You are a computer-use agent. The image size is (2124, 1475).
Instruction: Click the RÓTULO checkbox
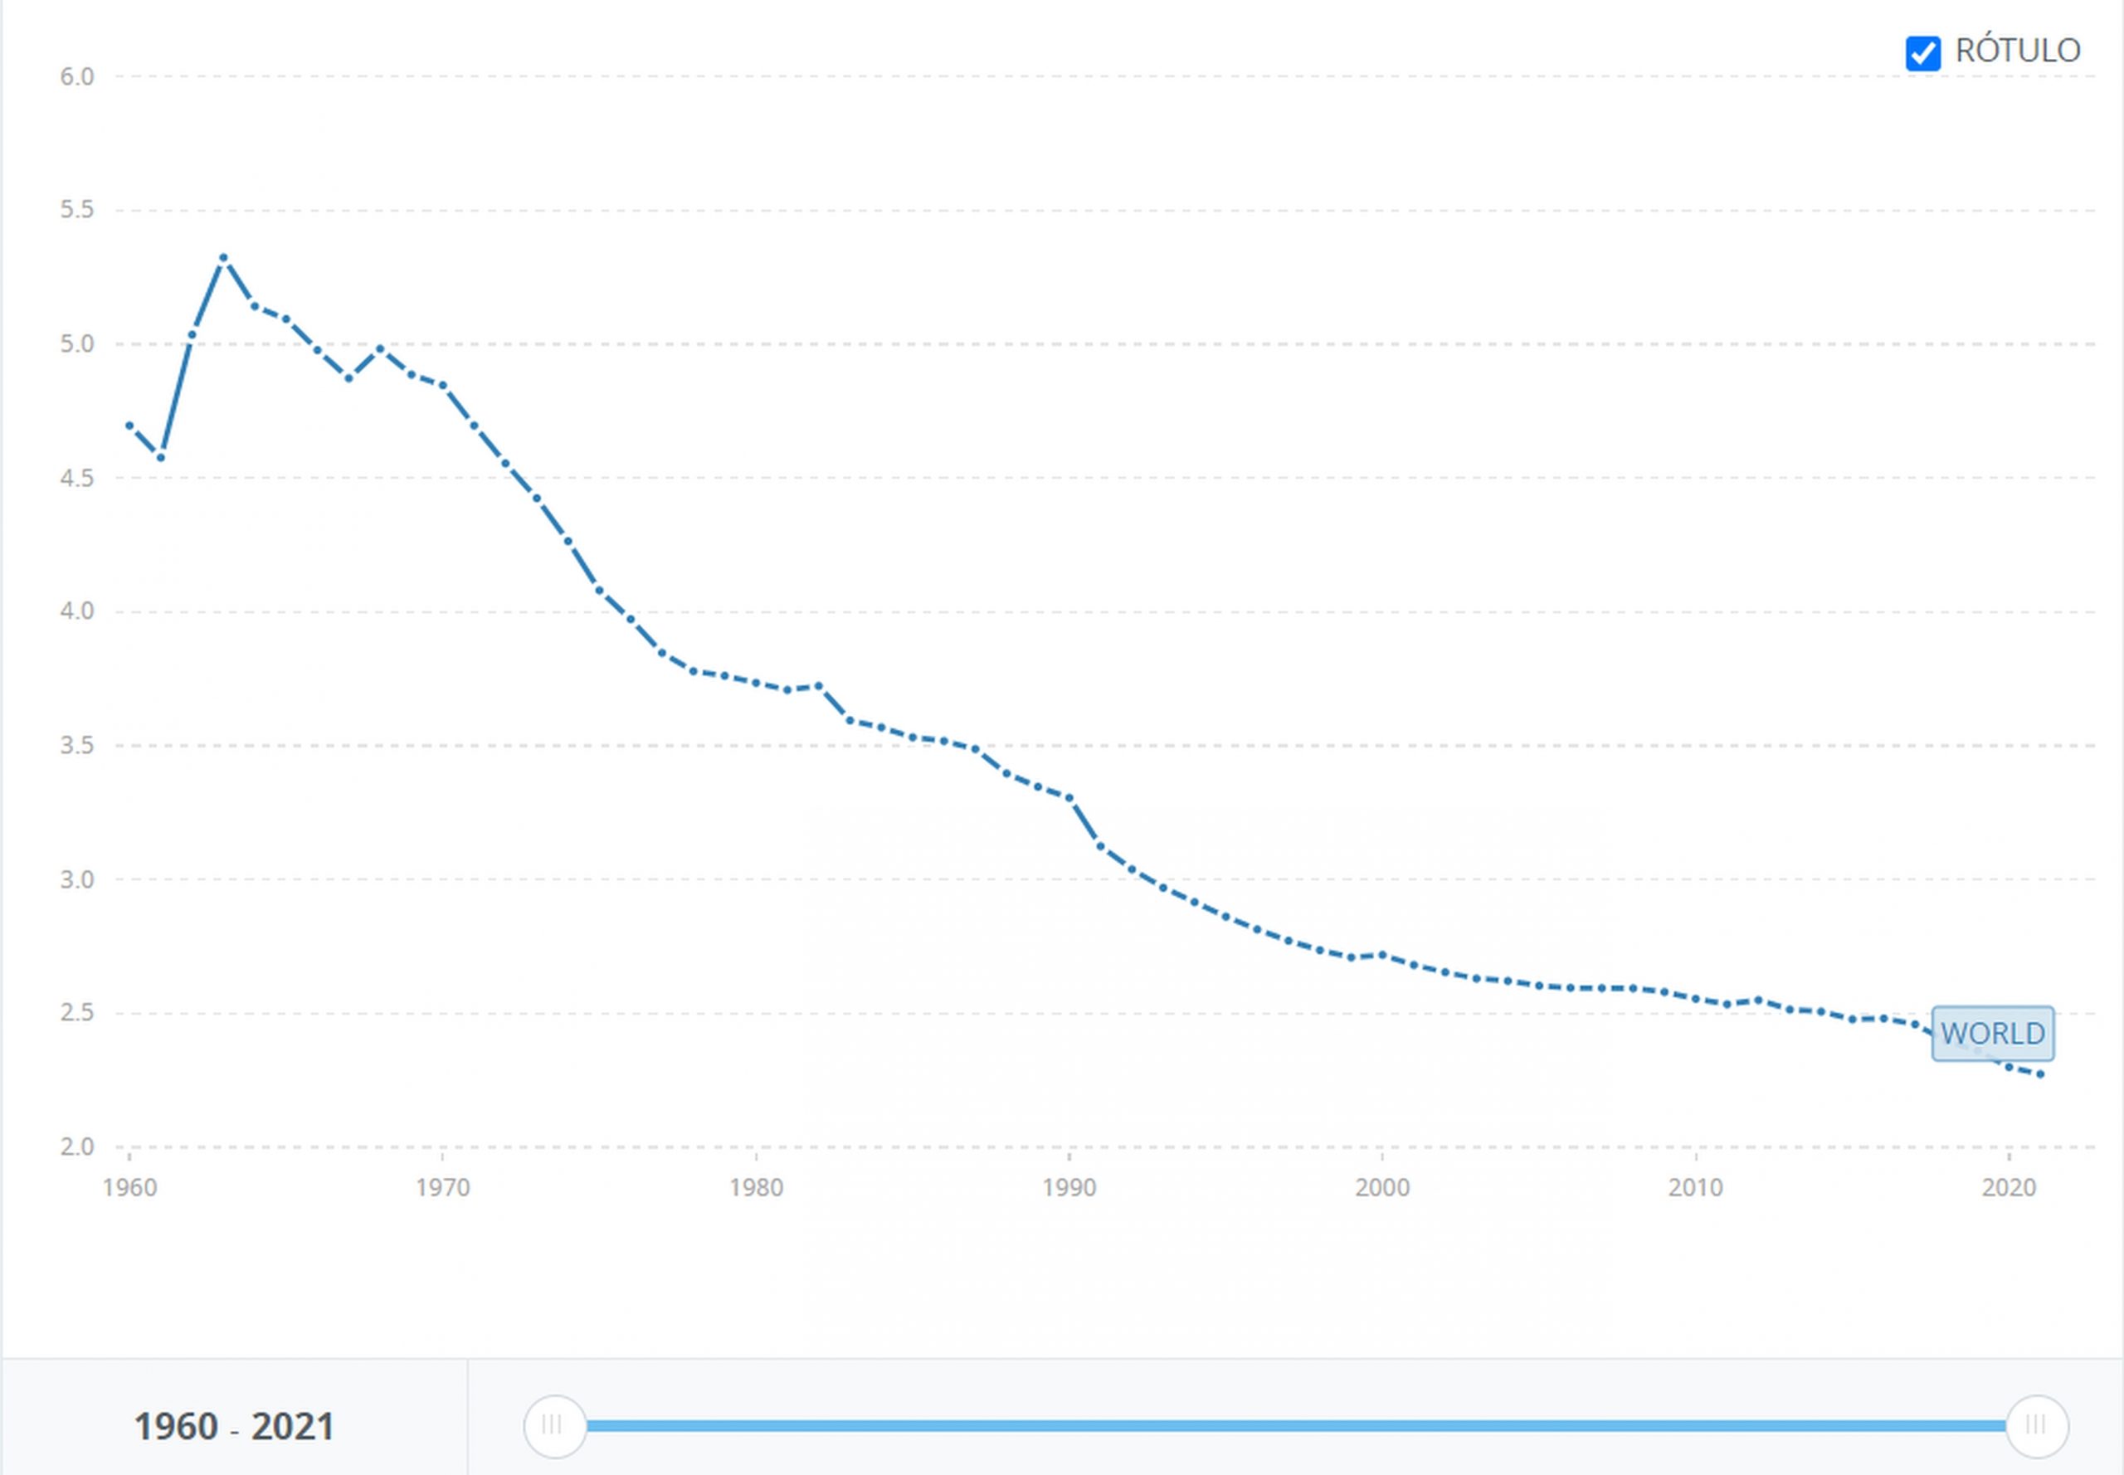(1922, 53)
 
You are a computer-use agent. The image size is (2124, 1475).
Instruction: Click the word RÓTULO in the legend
(2018, 51)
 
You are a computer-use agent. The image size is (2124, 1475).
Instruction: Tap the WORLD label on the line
(1993, 1033)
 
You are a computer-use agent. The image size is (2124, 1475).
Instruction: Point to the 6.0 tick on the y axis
(78, 76)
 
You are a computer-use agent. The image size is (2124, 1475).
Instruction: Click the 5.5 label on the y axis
(78, 210)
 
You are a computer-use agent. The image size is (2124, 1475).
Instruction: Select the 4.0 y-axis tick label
(78, 611)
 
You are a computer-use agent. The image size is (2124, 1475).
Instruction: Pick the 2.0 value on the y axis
(78, 1147)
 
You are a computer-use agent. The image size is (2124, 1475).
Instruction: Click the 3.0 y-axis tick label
(78, 879)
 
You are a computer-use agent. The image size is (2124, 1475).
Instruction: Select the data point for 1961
(161, 457)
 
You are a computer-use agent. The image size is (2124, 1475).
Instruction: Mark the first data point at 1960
(129, 425)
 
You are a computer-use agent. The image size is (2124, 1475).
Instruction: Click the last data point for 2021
(2041, 1075)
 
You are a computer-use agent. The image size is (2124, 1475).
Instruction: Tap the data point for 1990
(1069, 797)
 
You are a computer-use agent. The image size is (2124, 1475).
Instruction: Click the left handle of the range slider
(554, 1426)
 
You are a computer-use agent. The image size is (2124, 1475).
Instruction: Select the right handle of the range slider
(2037, 1426)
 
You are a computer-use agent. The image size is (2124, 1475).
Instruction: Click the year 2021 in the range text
(292, 1427)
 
